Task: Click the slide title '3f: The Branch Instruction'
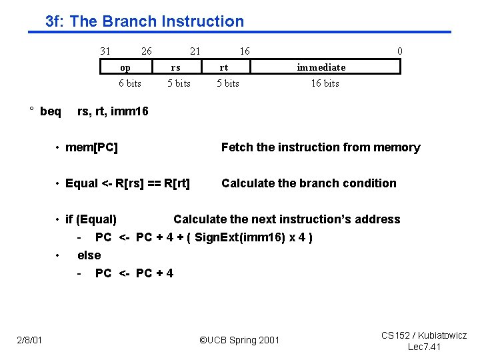pyautogui.click(x=145, y=21)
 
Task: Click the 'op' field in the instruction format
pyautogui.click(x=125, y=67)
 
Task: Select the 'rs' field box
pyautogui.click(x=175, y=67)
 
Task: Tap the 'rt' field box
pyautogui.click(x=225, y=67)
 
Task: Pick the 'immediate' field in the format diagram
pyautogui.click(x=321, y=67)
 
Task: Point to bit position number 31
pyautogui.click(x=105, y=51)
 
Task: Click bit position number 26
pyautogui.click(x=146, y=51)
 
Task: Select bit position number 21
pyautogui.click(x=195, y=51)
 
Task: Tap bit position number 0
pyautogui.click(x=399, y=51)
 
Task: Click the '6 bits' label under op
pyautogui.click(x=130, y=83)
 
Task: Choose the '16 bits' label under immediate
pyautogui.click(x=325, y=83)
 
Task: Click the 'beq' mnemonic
pyautogui.click(x=50, y=111)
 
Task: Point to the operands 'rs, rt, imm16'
pyautogui.click(x=113, y=111)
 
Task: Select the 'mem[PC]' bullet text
pyautogui.click(x=91, y=147)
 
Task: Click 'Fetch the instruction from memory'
pyautogui.click(x=321, y=147)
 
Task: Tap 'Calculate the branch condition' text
pyautogui.click(x=309, y=183)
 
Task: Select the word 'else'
pyautogui.click(x=89, y=255)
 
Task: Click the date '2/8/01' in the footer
pyautogui.click(x=29, y=341)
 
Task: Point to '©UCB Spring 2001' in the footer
pyautogui.click(x=240, y=341)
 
